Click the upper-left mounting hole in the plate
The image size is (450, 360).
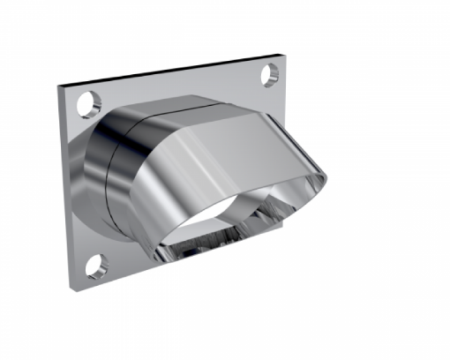point(87,104)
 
